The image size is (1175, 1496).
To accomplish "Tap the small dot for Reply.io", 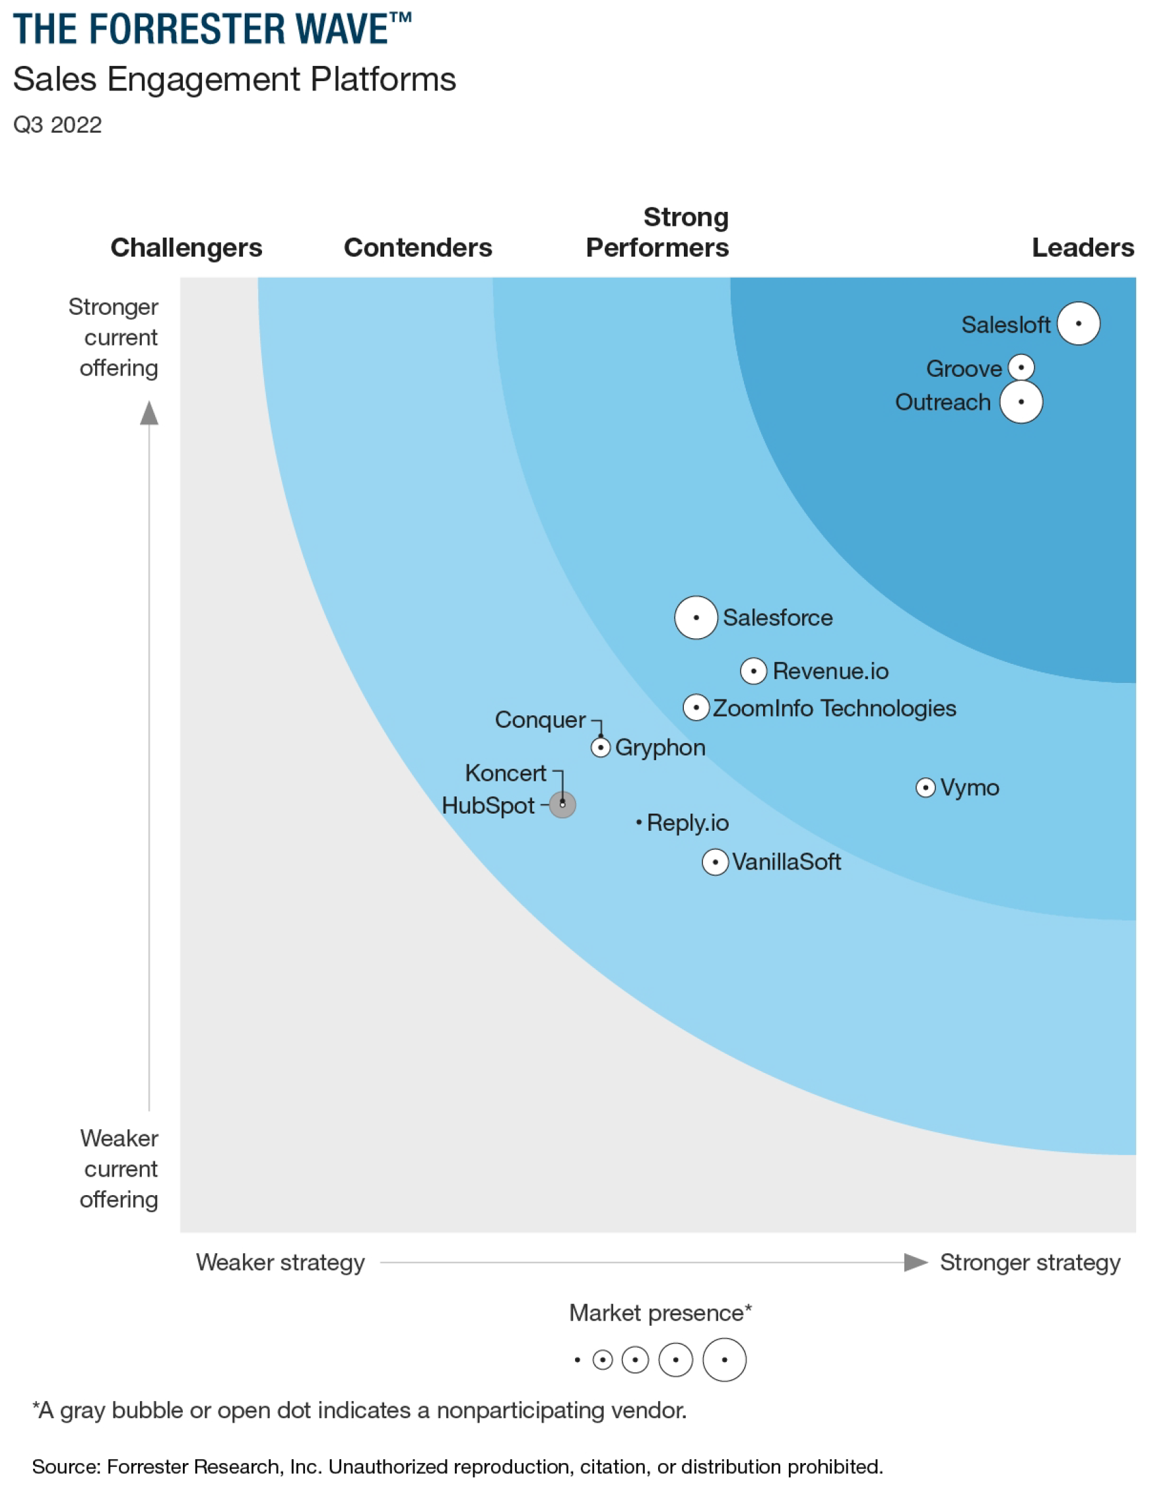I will pyautogui.click(x=639, y=822).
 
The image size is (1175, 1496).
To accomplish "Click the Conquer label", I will pyautogui.click(x=540, y=720).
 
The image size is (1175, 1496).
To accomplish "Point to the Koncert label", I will pyautogui.click(x=506, y=773).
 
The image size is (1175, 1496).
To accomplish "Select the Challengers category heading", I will pyautogui.click(x=186, y=247).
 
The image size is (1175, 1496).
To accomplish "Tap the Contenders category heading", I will pyautogui.click(x=418, y=247).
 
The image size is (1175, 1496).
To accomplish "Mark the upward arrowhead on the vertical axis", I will pyautogui.click(x=149, y=413).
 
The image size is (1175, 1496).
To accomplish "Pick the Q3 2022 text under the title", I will pyautogui.click(x=58, y=125).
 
